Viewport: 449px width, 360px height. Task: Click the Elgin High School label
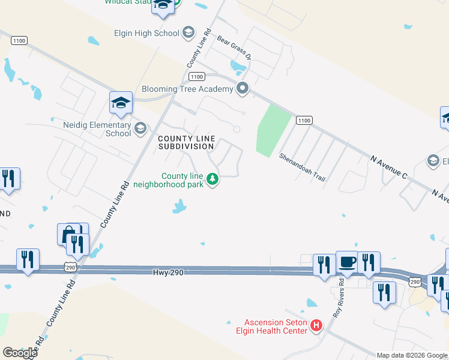[147, 34]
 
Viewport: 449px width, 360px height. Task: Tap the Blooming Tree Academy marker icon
[243, 89]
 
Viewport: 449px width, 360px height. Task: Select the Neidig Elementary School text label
[97, 129]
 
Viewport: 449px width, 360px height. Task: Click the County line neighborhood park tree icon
[212, 179]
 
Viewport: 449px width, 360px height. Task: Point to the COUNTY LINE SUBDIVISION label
[186, 142]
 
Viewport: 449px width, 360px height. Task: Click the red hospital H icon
[316, 326]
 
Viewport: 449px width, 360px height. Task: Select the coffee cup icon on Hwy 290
[347, 262]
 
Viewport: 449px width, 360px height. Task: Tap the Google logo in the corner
[20, 352]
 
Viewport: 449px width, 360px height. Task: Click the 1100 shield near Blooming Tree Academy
[196, 76]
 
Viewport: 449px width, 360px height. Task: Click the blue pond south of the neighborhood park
[178, 208]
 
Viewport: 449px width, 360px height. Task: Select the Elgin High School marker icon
[188, 32]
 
